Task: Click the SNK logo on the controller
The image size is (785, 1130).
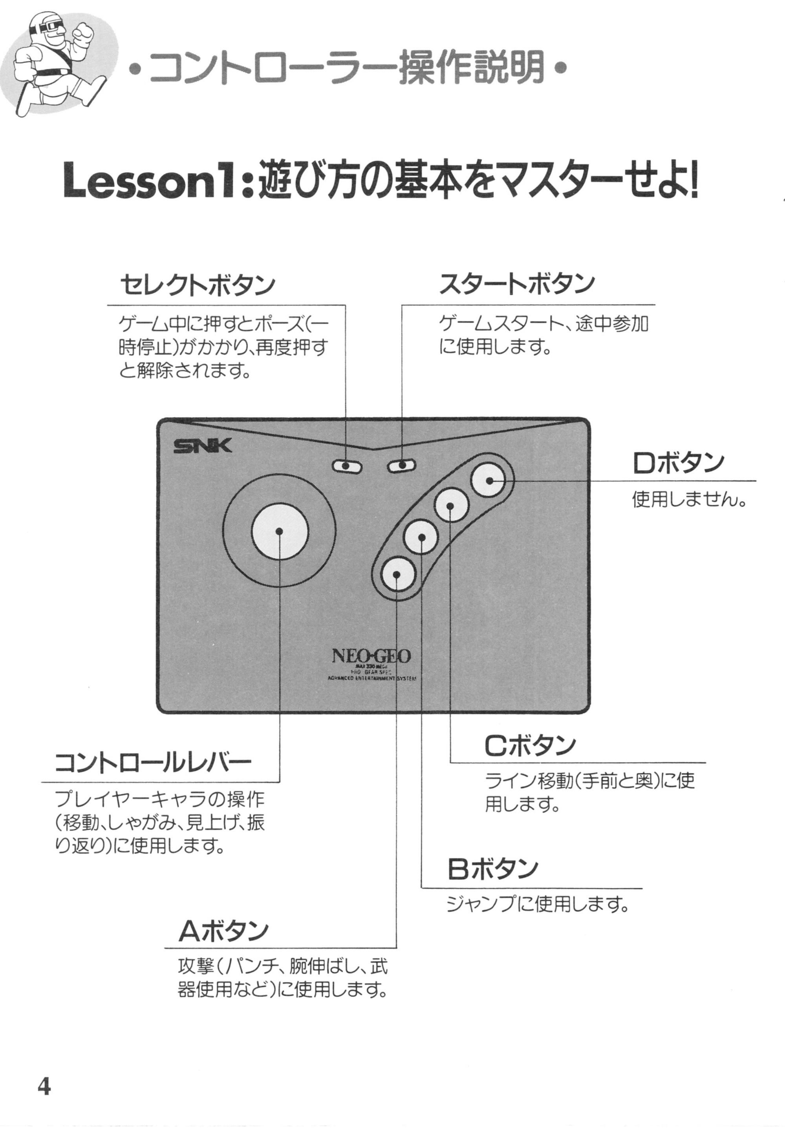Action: coord(202,446)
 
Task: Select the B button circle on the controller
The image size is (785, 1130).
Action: coord(421,537)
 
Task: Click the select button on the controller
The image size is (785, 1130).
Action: coord(347,466)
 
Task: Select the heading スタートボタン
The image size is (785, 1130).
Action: coord(516,284)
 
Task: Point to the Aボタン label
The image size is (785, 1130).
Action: coord(223,930)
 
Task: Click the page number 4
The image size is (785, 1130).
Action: coord(44,1087)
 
